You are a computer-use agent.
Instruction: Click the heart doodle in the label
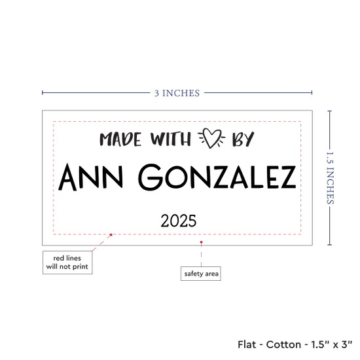211,138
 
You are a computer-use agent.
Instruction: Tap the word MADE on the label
120,139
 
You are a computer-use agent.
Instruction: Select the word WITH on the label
170,139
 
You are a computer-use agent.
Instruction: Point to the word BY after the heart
243,139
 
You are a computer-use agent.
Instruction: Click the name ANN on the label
90,177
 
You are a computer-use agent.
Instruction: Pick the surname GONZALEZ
217,177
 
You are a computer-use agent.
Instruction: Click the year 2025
179,221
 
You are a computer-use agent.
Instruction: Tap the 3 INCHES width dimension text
177,93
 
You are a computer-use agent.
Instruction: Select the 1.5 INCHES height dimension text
330,178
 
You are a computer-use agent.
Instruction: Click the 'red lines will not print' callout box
67,262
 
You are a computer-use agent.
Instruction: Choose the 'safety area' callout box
201,274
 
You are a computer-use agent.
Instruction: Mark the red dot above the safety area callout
201,242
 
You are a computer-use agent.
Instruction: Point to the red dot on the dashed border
111,234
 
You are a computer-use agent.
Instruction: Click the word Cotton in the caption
283,344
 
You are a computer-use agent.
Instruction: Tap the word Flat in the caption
247,344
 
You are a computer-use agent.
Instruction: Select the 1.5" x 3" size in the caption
332,344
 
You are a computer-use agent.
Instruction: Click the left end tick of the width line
43,92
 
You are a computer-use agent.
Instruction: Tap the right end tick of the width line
312,92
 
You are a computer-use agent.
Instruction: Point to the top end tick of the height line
330,111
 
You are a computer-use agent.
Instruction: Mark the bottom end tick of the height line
330,245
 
